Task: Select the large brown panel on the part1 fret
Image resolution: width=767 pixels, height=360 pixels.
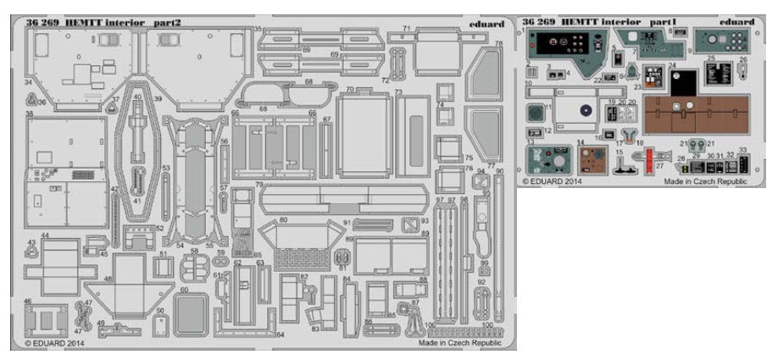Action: coord(698,115)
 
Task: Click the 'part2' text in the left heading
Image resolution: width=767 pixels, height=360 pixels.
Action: coord(170,21)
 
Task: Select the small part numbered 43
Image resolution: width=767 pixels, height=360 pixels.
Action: coord(31,247)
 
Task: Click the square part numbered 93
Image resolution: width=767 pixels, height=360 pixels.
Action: coord(411,224)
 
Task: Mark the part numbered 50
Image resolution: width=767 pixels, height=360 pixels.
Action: coord(159,324)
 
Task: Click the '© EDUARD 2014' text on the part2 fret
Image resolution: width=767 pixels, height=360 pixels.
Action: coord(53,344)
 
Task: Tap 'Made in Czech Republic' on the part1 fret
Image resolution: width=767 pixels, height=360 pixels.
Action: coord(704,180)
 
